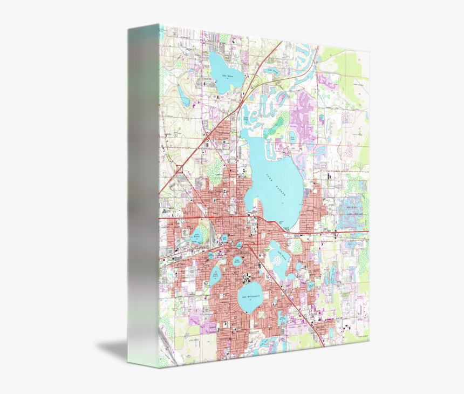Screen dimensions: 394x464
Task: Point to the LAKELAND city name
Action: click(x=245, y=252)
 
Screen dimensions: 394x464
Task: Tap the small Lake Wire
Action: click(x=224, y=239)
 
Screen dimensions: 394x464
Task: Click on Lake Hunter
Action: click(x=215, y=275)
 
